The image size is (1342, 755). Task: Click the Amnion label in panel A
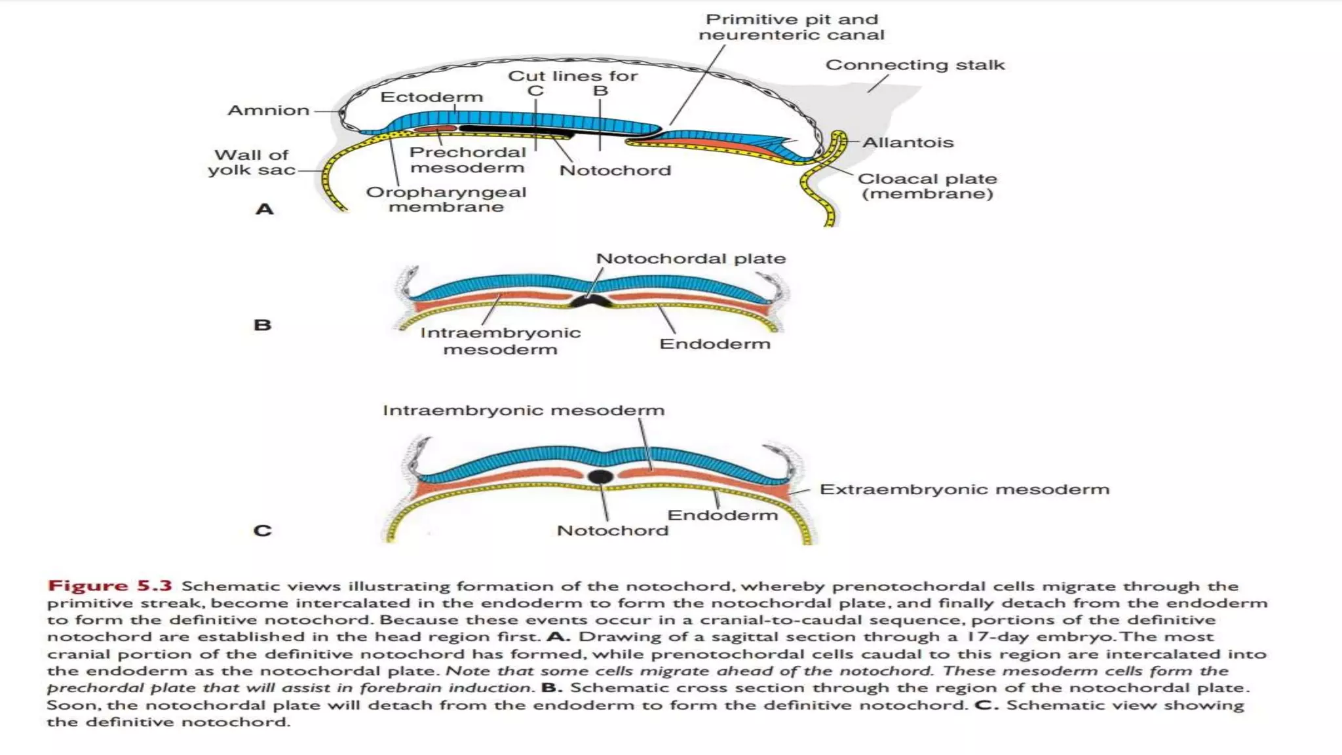point(268,110)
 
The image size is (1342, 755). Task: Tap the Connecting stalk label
point(914,65)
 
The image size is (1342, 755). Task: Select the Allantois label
point(908,142)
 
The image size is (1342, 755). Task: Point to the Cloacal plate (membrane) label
point(927,186)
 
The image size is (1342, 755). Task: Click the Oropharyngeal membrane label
point(446,199)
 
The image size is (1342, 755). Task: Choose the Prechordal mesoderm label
point(467,160)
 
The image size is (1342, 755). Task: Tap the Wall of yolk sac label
point(251,163)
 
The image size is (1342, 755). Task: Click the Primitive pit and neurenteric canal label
point(791,28)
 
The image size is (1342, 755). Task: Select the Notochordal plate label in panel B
point(690,259)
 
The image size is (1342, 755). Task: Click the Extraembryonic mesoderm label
point(964,490)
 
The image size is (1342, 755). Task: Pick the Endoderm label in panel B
point(714,344)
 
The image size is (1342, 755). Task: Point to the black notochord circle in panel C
point(600,476)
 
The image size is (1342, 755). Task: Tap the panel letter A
point(264,210)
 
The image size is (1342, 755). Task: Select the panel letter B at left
point(262,325)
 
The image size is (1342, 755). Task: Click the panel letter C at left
point(262,530)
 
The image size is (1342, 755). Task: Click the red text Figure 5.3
point(109,586)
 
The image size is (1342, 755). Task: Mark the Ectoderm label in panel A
point(431,97)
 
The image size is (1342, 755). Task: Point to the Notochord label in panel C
point(612,530)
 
